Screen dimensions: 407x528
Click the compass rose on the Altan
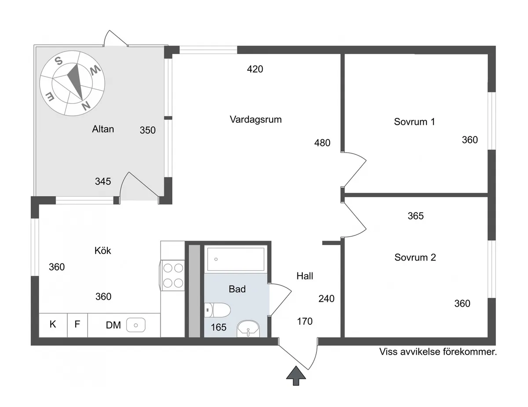(x=72, y=83)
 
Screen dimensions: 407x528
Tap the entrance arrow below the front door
(x=296, y=376)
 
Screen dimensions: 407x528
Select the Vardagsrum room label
(x=256, y=119)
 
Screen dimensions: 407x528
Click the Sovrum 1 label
(x=414, y=122)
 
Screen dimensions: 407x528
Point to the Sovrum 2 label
(x=415, y=257)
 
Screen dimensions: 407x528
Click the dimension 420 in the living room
(x=255, y=69)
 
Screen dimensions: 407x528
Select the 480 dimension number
(x=322, y=143)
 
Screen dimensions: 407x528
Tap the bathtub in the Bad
(x=236, y=259)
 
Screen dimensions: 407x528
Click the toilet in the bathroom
(x=217, y=310)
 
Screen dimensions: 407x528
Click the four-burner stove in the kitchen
(x=173, y=275)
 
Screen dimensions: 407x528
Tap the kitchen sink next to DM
(x=136, y=325)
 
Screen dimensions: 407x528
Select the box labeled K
(x=53, y=325)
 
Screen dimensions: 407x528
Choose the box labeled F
(x=77, y=325)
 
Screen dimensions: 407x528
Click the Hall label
(x=305, y=276)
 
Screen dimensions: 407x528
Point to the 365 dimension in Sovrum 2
(x=415, y=216)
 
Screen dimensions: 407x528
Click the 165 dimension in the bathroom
(x=219, y=327)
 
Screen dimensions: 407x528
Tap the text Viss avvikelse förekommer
(x=438, y=352)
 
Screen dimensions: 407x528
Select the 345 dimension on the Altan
(x=103, y=181)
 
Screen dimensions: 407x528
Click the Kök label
(x=103, y=251)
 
